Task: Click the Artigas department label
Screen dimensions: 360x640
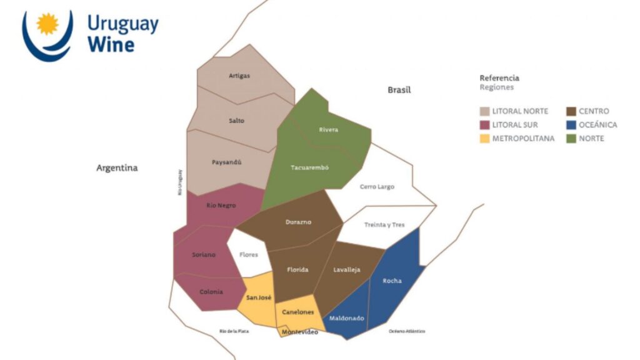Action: (x=239, y=76)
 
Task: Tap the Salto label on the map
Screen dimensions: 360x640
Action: (x=237, y=121)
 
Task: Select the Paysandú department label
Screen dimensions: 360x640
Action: (x=226, y=162)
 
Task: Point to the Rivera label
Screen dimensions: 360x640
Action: (x=328, y=130)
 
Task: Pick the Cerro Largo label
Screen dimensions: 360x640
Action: (x=377, y=187)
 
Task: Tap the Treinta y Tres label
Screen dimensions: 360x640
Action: (x=384, y=225)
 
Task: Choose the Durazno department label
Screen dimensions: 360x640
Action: (x=298, y=222)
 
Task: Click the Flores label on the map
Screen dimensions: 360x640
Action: (x=249, y=255)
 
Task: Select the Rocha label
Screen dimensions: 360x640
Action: (x=392, y=281)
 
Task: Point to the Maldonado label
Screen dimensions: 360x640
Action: (x=347, y=318)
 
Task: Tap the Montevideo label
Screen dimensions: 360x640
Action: (x=300, y=332)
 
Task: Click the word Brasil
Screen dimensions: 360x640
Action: (x=399, y=90)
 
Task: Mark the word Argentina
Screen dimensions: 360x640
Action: (x=117, y=168)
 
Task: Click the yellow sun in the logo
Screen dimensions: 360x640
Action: (x=47, y=24)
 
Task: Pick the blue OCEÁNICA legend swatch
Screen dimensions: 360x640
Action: (x=571, y=125)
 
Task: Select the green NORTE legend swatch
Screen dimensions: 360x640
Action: (x=571, y=139)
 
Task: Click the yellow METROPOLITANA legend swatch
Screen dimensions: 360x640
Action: (x=484, y=139)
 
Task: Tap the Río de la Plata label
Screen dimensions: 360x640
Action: (x=234, y=331)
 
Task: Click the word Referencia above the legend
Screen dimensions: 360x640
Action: (x=499, y=78)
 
